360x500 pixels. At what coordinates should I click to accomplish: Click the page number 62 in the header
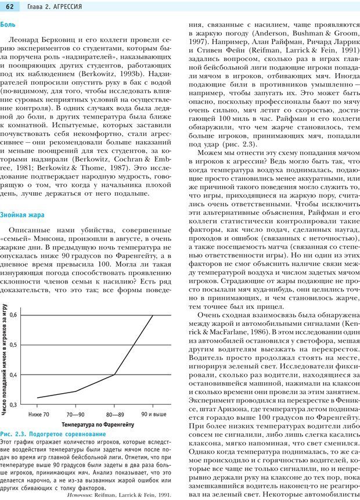[10, 6]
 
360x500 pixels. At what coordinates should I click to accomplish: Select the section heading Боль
[8, 25]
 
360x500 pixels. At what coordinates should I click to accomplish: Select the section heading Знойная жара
[22, 215]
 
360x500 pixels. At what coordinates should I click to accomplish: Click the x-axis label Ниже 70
[38, 415]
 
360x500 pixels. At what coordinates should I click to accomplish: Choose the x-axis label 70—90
[75, 415]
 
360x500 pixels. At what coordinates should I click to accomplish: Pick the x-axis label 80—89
[114, 415]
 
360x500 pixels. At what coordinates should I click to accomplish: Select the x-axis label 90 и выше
[154, 415]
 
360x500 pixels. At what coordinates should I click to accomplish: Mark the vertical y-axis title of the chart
[4, 360]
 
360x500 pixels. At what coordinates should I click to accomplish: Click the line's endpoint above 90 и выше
[153, 315]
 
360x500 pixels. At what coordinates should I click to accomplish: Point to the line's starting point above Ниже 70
[38, 398]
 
